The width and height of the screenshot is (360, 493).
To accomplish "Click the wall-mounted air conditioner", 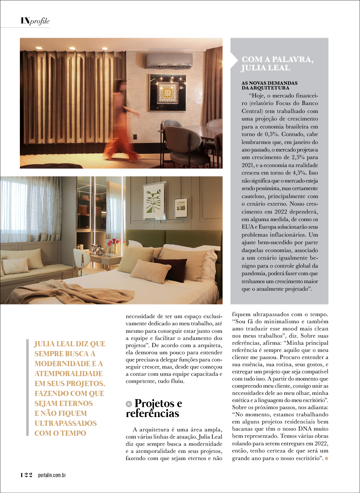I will [169, 60].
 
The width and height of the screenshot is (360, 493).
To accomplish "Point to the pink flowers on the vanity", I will [113, 244].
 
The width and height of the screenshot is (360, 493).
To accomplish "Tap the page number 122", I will [26, 475].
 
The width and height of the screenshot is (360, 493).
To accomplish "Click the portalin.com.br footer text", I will [52, 476].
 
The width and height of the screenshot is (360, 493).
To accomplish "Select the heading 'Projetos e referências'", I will [155, 408].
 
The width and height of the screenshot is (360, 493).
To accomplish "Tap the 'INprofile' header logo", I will [35, 21].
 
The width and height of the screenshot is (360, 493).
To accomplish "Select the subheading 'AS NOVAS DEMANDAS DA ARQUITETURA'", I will [269, 85].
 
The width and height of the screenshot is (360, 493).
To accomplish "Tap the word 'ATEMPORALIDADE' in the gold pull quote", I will [69, 373].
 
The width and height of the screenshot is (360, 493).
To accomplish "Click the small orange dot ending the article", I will [327, 459].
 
